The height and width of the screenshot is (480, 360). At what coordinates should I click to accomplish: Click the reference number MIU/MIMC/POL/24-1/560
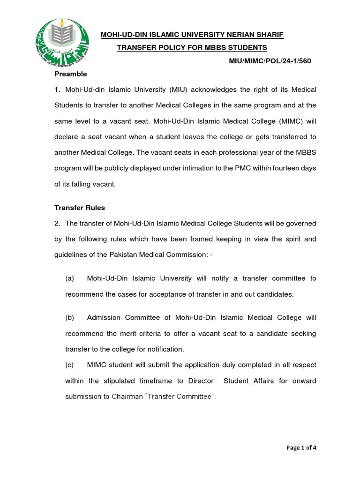(x=270, y=61)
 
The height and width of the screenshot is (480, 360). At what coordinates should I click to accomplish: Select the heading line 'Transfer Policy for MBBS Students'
(x=192, y=48)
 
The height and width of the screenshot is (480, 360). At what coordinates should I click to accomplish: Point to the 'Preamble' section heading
(x=71, y=74)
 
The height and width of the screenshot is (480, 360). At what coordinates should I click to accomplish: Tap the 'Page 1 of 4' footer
(x=301, y=447)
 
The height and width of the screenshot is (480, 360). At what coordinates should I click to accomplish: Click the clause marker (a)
(x=70, y=278)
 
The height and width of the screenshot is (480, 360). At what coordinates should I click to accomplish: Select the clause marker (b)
(x=70, y=317)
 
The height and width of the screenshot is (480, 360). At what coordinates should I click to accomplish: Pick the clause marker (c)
(x=70, y=365)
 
